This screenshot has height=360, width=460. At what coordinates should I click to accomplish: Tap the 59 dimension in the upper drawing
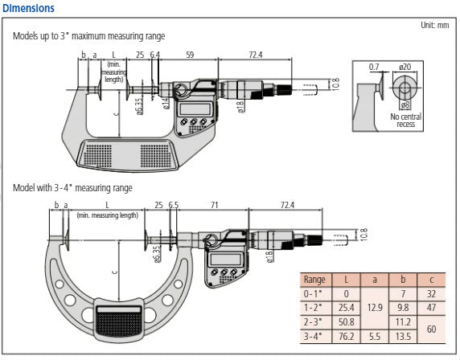(189, 55)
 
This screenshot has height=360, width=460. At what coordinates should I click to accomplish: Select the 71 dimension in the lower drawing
(214, 207)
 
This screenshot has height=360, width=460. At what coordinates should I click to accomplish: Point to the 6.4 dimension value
(155, 55)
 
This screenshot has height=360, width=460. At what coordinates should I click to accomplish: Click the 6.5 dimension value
(174, 207)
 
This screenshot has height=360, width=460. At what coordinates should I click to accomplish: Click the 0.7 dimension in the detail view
(374, 66)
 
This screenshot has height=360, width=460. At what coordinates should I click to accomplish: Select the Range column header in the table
(314, 280)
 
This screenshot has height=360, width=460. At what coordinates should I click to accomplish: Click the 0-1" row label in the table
(314, 294)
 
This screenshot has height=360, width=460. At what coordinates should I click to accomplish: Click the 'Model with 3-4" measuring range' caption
(72, 188)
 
